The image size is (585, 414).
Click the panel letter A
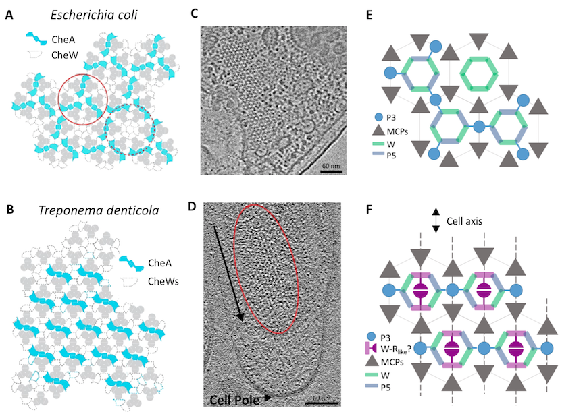point(9,15)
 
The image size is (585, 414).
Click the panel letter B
point(9,210)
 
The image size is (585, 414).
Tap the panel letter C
point(194,13)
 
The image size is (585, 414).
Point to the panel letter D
point(192,206)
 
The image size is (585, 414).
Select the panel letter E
point(370,15)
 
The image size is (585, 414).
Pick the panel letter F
point(370,210)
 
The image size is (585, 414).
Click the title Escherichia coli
point(94,15)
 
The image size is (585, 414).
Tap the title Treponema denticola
point(99,210)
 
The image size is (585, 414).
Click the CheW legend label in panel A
point(65,55)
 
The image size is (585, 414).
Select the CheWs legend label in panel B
point(163,281)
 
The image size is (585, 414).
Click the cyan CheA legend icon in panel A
point(36,38)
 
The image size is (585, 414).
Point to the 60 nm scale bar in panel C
point(331,171)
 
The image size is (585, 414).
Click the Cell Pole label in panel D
point(234,400)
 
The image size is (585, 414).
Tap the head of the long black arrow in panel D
point(240,316)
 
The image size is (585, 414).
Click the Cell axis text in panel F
point(464,221)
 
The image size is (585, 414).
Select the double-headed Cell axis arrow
point(436,220)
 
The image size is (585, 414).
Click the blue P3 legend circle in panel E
point(378,117)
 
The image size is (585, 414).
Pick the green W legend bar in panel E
point(378,144)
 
